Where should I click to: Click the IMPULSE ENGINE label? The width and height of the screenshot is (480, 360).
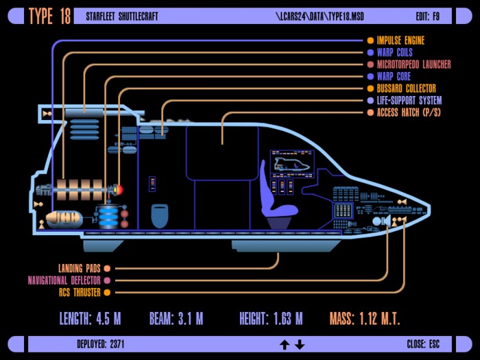(x=400, y=40)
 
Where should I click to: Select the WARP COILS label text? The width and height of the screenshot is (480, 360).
(x=394, y=52)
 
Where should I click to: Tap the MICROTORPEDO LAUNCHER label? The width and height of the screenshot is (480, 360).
(x=414, y=64)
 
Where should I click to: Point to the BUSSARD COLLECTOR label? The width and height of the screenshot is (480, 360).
(x=406, y=88)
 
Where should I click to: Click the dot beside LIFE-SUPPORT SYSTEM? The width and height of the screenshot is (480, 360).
(x=370, y=100)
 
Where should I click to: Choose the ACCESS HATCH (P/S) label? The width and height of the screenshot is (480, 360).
(x=409, y=112)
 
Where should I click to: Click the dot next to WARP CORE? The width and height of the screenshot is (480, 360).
(x=370, y=76)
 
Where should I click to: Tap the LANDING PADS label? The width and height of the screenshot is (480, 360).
(x=80, y=269)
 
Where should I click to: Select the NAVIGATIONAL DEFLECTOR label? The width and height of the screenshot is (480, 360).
(x=64, y=280)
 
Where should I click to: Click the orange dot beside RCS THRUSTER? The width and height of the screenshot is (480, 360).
(x=107, y=292)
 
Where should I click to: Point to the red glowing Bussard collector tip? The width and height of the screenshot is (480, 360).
(x=119, y=190)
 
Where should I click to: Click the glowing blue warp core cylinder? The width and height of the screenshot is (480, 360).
(x=108, y=217)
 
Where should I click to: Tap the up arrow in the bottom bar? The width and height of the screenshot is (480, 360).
(x=285, y=345)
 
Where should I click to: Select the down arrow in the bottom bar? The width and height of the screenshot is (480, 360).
(x=300, y=345)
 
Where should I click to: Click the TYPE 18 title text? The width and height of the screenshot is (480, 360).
(x=49, y=16)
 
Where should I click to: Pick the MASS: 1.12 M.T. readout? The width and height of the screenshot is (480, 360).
(x=365, y=319)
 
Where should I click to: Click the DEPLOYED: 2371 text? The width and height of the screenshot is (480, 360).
(x=101, y=344)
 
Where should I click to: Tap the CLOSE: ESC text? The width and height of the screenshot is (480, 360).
(x=423, y=344)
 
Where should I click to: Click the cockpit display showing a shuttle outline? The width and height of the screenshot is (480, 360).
(x=292, y=164)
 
